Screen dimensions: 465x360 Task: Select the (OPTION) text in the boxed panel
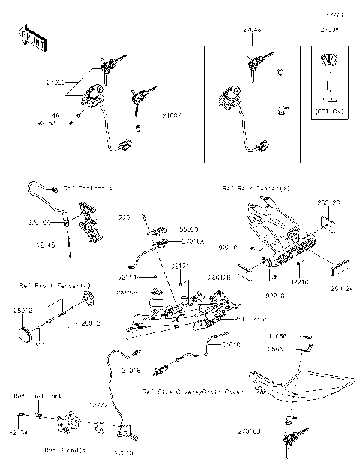tap(328, 111)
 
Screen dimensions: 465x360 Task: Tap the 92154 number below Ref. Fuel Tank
tap(18, 433)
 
